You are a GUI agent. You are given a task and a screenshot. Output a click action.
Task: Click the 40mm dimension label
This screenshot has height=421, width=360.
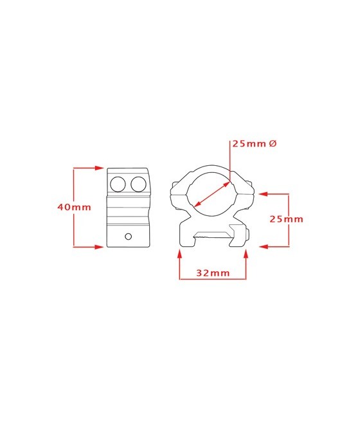(74, 207)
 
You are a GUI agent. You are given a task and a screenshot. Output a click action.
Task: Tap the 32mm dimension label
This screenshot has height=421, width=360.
(213, 273)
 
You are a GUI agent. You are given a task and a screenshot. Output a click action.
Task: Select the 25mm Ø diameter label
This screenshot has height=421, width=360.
(254, 143)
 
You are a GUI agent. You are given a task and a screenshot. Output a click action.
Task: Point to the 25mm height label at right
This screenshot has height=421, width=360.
(286, 219)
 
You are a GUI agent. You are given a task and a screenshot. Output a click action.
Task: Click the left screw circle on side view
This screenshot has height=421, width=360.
(118, 184)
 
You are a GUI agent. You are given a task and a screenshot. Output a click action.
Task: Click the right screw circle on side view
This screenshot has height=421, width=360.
(138, 184)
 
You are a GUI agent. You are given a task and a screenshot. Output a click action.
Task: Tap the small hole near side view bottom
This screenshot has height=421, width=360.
(129, 237)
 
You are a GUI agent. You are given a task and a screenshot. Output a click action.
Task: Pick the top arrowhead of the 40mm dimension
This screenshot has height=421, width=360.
(100, 168)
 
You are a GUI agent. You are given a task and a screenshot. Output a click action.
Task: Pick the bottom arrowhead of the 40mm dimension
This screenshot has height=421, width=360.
(100, 247)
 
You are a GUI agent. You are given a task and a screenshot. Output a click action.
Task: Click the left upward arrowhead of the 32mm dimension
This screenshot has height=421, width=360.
(180, 254)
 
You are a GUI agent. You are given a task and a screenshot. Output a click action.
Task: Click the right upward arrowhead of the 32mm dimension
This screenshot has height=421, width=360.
(246, 254)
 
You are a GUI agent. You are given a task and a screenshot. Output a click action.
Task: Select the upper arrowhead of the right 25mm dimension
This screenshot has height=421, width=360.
(264, 193)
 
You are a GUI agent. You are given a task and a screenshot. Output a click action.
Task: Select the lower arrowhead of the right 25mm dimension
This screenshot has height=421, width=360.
(264, 246)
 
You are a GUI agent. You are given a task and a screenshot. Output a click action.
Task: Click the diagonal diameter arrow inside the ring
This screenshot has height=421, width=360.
(212, 194)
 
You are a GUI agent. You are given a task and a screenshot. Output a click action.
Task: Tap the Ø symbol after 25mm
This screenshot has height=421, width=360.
(273, 143)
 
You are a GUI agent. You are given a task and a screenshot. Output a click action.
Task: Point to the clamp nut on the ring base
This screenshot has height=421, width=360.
(248, 233)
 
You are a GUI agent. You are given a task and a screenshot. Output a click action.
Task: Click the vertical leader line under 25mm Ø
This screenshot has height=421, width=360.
(230, 161)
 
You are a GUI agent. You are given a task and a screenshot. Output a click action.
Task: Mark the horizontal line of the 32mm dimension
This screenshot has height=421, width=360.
(213, 279)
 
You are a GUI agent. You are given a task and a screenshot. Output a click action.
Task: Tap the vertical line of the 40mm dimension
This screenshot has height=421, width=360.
(74, 207)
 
